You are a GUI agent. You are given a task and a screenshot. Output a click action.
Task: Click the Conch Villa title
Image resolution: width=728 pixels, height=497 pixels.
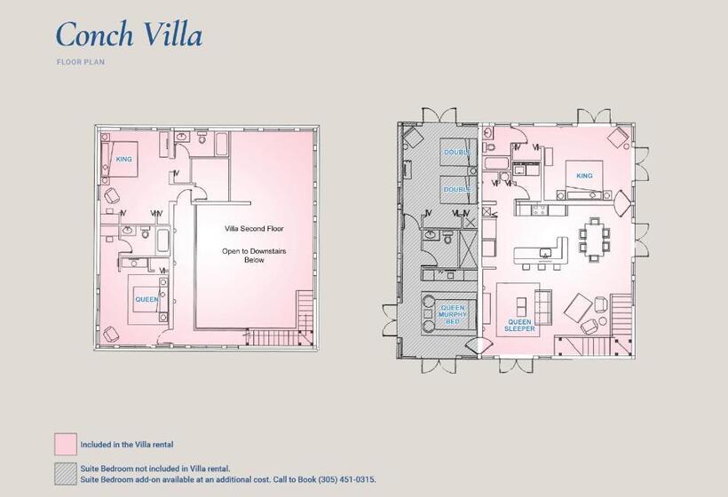click(129, 34)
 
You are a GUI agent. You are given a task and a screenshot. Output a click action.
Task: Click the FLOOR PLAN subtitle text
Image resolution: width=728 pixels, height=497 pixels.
click(80, 62)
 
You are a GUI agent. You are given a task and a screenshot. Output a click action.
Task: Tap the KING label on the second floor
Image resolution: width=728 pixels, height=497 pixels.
click(124, 160)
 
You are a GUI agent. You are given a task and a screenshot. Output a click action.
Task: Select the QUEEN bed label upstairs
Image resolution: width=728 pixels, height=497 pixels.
click(146, 299)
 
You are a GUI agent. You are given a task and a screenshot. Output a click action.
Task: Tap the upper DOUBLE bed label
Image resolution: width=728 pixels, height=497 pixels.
click(457, 153)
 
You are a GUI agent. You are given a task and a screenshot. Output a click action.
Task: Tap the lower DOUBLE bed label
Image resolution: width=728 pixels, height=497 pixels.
click(457, 189)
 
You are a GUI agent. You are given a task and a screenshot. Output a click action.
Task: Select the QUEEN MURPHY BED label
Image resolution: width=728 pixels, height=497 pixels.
click(453, 314)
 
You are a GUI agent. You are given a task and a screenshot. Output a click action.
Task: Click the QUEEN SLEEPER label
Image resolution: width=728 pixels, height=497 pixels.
click(520, 325)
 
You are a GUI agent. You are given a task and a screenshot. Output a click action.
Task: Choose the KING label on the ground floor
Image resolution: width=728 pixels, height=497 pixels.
click(583, 176)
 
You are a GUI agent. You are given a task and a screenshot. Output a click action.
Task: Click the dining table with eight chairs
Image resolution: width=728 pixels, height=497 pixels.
click(594, 237)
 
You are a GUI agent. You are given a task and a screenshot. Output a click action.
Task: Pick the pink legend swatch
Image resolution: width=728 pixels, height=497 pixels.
click(65, 444)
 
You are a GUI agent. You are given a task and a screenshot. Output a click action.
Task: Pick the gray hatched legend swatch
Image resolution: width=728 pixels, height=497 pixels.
click(65, 473)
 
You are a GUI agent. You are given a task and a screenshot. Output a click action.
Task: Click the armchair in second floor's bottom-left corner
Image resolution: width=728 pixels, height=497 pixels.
click(112, 333)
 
